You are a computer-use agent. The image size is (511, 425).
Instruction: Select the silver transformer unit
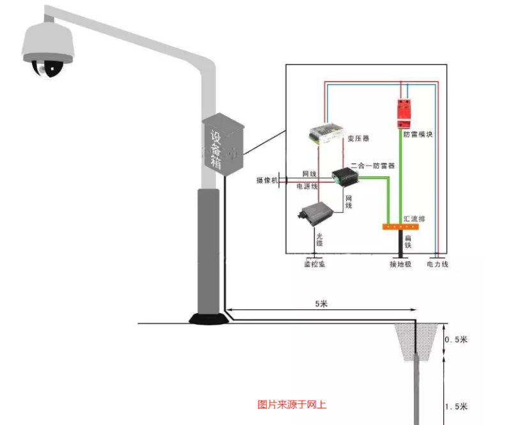326,133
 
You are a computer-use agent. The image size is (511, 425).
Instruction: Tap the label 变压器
359,138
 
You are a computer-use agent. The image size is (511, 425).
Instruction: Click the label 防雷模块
418,135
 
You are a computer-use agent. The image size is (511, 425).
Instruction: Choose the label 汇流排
415,219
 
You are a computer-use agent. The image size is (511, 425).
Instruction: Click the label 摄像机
268,181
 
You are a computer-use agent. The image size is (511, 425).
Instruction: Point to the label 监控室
314,264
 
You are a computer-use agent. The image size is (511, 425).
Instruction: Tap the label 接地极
401,264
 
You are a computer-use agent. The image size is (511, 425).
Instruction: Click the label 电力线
438,264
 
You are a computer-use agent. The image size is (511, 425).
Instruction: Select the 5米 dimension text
321,304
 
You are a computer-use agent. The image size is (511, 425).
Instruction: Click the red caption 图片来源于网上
292,404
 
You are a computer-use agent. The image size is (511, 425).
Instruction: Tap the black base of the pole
208,318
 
